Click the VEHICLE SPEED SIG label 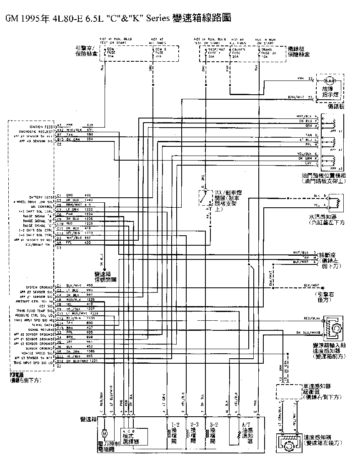tap(39, 353)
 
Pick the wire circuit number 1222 tap(89, 210)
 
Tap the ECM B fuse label tap(161, 52)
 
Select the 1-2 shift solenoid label tap(175, 433)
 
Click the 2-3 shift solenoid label tap(194, 433)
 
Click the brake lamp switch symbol tap(205, 197)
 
